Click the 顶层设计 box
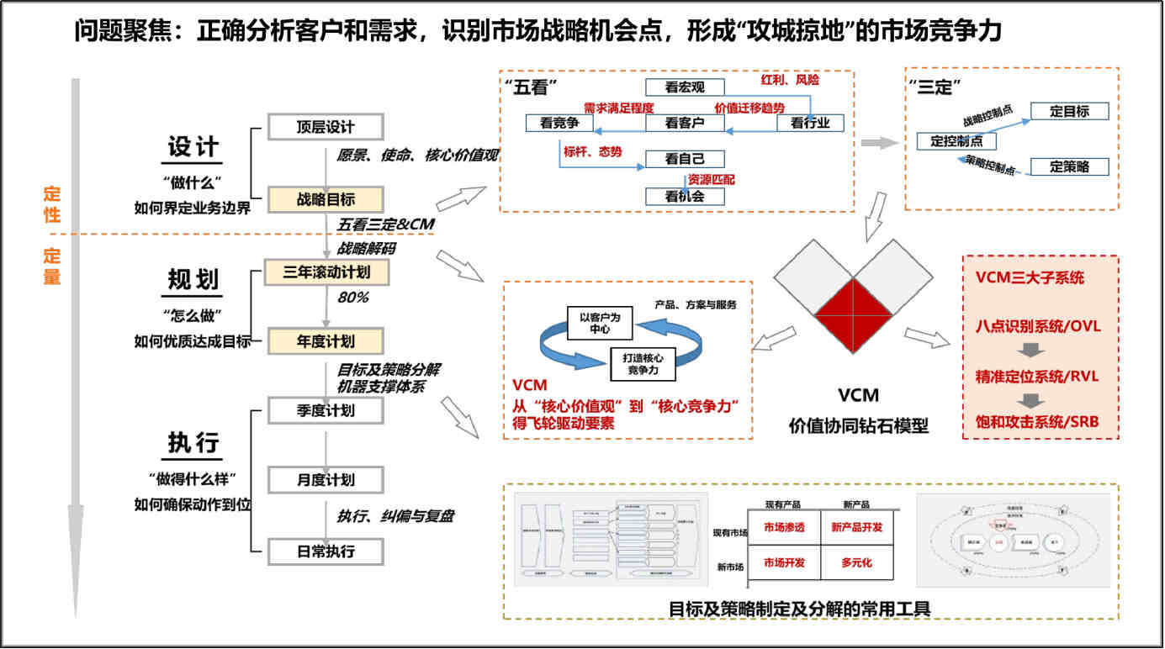coord(326,128)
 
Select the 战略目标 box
coord(326,199)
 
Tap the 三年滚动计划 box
coord(326,272)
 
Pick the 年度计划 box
coord(326,341)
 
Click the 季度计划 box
coord(326,410)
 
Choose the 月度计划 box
coord(326,480)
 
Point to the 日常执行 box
coord(326,551)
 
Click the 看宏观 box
coord(684,87)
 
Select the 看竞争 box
coord(559,123)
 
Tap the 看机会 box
coord(684,196)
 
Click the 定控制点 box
coord(956,140)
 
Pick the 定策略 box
coord(1069,166)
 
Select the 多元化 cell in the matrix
coord(855,562)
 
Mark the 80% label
coord(353,297)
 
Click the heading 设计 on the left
coord(193,146)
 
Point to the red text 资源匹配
coord(711,178)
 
